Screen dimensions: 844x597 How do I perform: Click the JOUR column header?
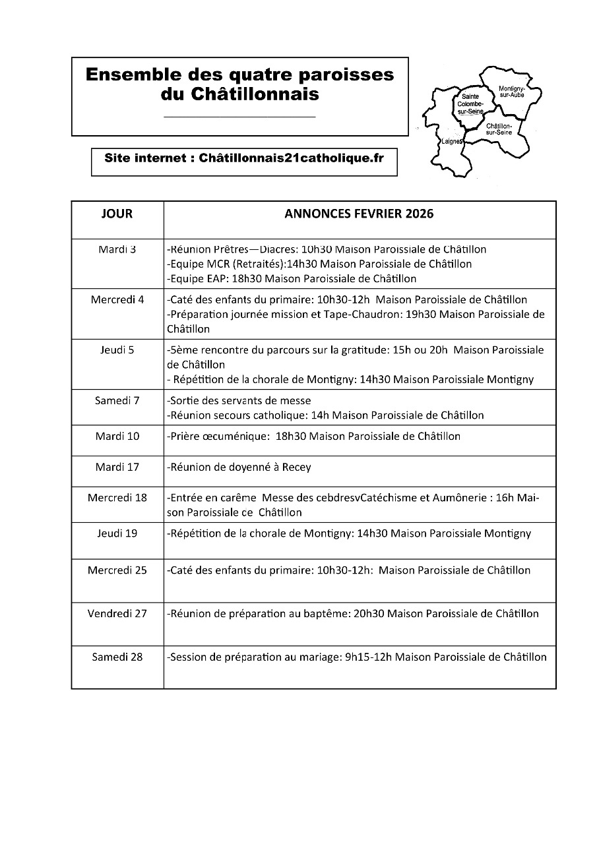coord(117,214)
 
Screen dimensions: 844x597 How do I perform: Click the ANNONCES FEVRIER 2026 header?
coord(359,214)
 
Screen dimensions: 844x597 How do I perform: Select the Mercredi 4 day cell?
coord(117,299)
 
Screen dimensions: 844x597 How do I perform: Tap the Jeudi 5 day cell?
coord(117,350)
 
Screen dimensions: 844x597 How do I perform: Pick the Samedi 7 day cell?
coord(117,400)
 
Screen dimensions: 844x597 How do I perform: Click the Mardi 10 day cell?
coord(117,436)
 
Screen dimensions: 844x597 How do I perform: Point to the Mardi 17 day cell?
coord(117,467)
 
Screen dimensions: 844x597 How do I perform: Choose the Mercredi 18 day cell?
coord(117,497)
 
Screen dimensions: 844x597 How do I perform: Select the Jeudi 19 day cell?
coord(117,533)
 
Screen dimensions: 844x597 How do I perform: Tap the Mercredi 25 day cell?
coord(117,570)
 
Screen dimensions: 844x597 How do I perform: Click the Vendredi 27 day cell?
coord(117,613)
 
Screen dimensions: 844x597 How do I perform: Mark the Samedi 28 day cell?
coord(117,657)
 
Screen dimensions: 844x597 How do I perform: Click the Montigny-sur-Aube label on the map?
coord(512,92)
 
